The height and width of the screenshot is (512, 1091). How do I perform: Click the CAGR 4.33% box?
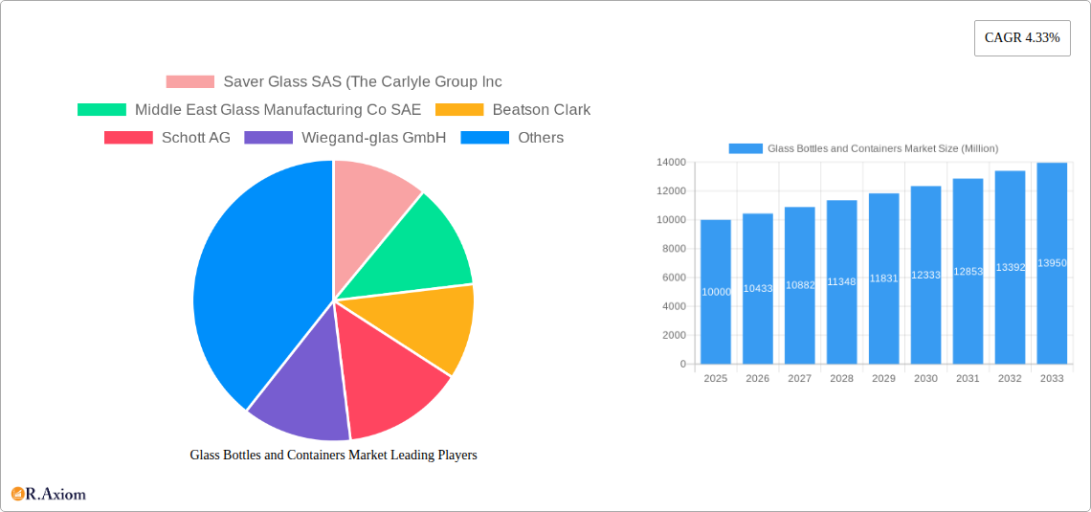(x=1022, y=38)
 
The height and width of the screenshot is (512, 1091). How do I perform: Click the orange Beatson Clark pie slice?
(x=431, y=325)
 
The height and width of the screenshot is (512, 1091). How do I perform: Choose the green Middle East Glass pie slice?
(x=421, y=249)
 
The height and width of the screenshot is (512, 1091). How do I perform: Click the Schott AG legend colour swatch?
(x=128, y=138)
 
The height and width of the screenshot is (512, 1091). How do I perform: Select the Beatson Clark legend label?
(x=541, y=110)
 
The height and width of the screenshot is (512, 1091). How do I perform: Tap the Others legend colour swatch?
(x=484, y=138)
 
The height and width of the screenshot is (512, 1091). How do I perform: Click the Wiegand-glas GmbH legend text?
(x=373, y=138)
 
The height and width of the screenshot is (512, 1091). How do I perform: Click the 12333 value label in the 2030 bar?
(x=925, y=275)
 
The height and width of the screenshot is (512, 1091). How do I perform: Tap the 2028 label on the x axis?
(x=841, y=379)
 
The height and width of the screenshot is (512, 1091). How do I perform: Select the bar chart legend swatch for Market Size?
(x=746, y=148)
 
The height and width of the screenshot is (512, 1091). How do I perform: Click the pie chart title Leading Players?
(x=333, y=456)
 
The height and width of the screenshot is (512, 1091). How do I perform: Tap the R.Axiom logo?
(x=49, y=494)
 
